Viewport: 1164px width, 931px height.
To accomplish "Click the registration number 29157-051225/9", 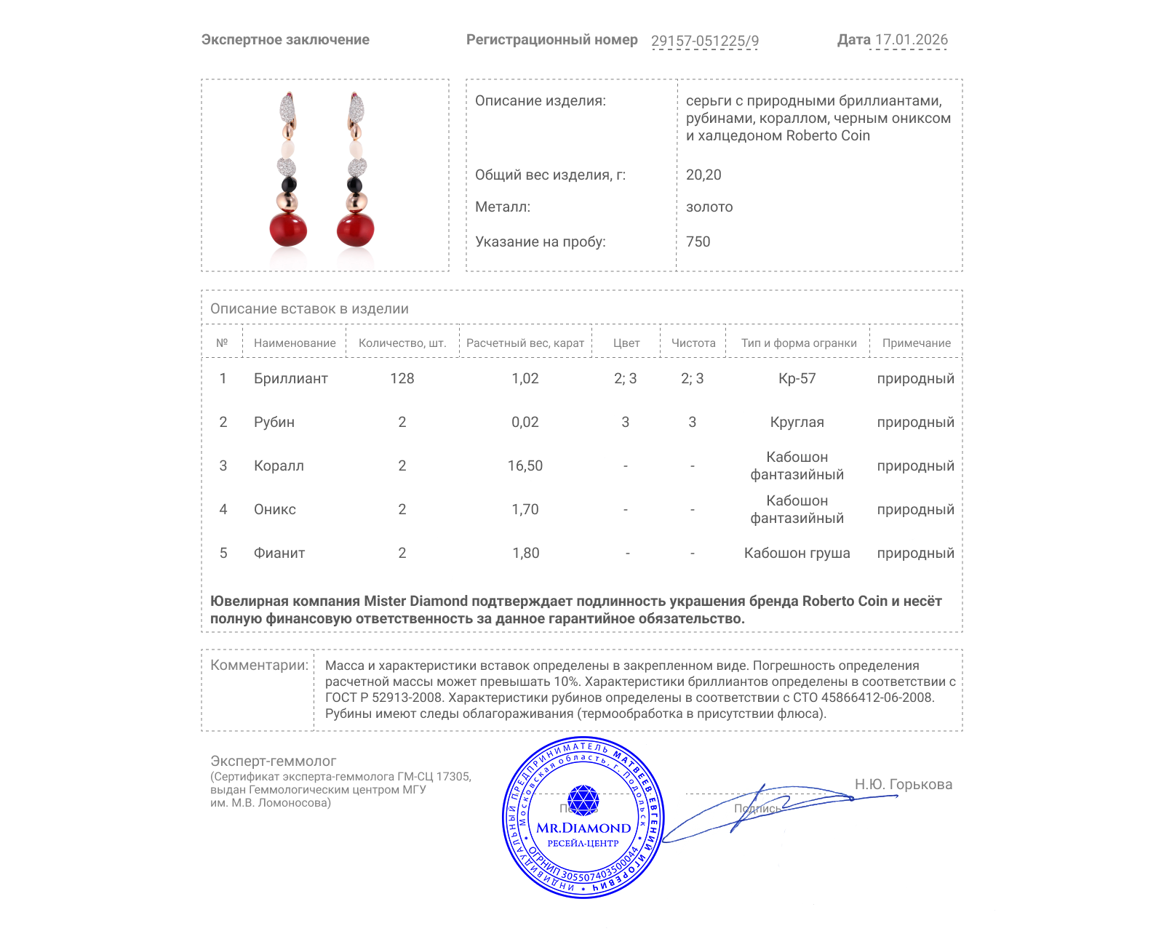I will coord(704,41).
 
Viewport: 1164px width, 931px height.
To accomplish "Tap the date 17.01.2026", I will coord(911,40).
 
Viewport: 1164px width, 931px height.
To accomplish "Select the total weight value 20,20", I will coord(703,175).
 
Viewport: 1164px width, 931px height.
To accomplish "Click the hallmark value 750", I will coord(698,242).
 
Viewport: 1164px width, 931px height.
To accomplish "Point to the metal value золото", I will coord(709,207).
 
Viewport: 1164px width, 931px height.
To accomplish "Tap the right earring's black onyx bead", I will coord(355,185).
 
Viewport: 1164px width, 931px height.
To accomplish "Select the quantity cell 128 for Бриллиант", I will coord(402,379).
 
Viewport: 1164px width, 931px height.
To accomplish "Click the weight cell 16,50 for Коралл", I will coord(525,466).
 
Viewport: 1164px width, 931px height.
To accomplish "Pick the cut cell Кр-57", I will coord(797,379).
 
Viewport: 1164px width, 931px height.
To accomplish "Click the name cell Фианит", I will coord(279,554).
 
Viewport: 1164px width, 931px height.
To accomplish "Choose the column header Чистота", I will coord(693,343).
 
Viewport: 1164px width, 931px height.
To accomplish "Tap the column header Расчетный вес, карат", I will coord(525,343).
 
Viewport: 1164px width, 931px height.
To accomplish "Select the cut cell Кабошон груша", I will coord(797,554).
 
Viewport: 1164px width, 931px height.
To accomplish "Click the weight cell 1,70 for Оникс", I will coord(525,510).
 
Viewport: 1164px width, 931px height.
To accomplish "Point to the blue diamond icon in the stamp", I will coord(583,800).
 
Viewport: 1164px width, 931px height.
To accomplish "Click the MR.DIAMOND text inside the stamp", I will coord(583,828).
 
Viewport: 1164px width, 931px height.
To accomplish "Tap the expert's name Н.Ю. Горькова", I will coord(903,785).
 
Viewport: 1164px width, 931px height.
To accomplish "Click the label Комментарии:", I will coord(259,666).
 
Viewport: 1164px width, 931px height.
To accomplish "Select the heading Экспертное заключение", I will coord(285,40).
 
